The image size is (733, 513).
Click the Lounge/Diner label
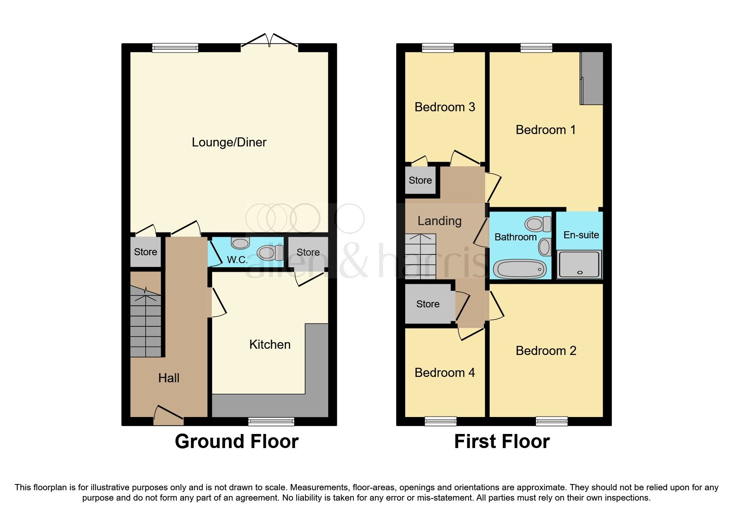tap(229, 142)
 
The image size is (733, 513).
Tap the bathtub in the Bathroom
tap(520, 269)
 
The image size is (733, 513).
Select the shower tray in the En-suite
tap(579, 264)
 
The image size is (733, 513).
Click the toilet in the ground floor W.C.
tap(269, 252)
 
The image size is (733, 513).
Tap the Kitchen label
tap(269, 345)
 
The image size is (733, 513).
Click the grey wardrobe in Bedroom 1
tap(591, 78)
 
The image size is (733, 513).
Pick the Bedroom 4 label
tap(445, 373)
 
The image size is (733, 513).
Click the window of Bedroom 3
tap(437, 48)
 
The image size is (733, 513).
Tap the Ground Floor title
tap(236, 441)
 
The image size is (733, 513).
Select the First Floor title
tap(502, 441)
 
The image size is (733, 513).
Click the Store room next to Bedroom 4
tap(428, 304)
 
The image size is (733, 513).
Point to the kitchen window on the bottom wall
tap(271, 421)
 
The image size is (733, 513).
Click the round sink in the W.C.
tap(240, 243)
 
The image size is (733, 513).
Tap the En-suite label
tap(581, 235)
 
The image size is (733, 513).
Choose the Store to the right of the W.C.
tap(308, 252)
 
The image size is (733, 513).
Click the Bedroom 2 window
tap(551, 421)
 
